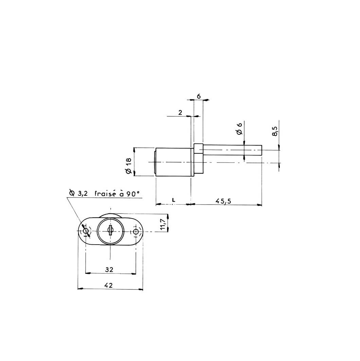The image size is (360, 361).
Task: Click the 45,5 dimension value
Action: [x=223, y=201]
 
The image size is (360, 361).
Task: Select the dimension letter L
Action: [x=174, y=200]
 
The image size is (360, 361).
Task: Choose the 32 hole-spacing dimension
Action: [x=109, y=269]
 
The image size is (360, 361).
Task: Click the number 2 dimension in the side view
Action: [x=180, y=112]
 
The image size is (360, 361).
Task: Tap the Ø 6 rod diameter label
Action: [x=239, y=129]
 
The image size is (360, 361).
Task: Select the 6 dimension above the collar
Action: [x=199, y=96]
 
